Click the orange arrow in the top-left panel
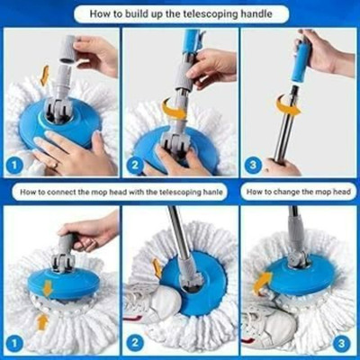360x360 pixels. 45,76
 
